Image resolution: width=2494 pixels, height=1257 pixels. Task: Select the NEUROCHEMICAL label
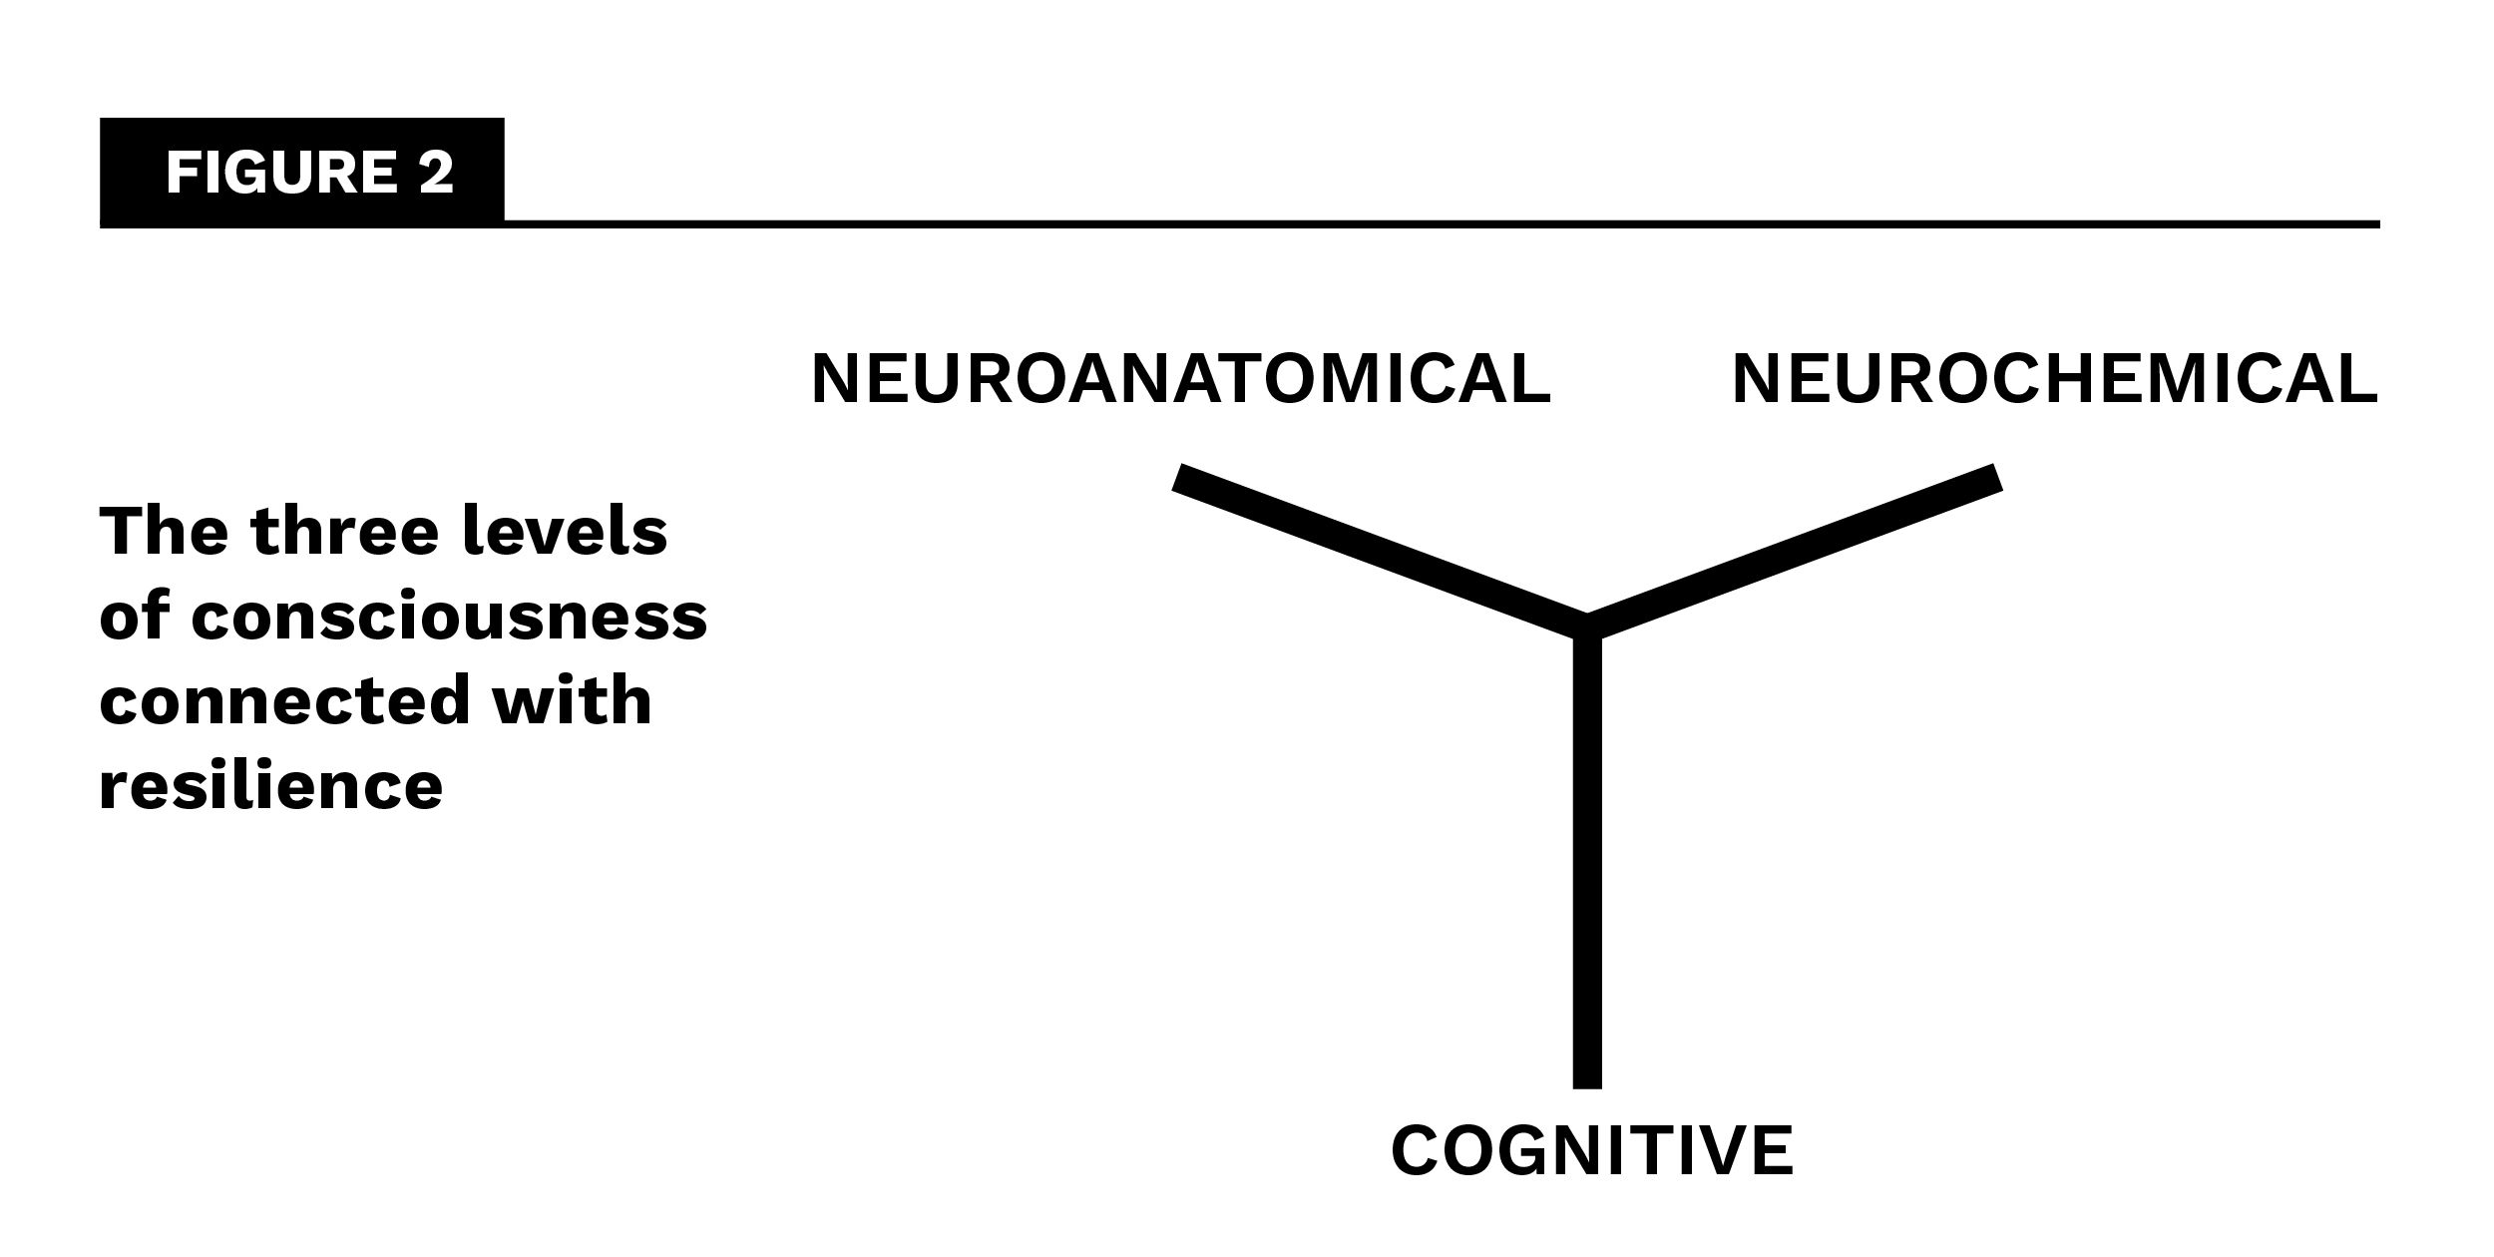pos(2055,379)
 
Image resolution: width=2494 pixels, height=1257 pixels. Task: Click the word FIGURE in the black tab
pos(282,173)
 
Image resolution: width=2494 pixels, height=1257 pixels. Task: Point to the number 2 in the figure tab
pos(437,173)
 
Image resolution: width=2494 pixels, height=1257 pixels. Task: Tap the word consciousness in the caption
pos(449,617)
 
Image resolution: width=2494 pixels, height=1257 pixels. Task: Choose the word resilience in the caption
pos(270,786)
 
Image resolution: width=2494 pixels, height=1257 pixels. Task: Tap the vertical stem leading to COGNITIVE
pos(1587,858)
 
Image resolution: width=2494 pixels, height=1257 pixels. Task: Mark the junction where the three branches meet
pos(1587,627)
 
